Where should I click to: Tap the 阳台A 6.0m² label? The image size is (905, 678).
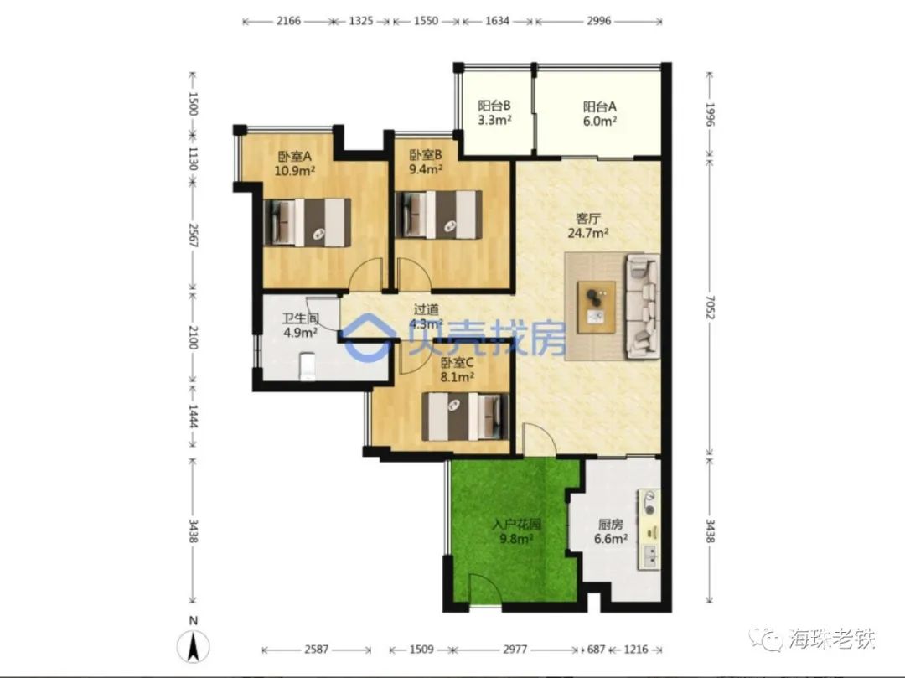pyautogui.click(x=600, y=114)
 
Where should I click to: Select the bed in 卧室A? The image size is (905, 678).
pyautogui.click(x=307, y=223)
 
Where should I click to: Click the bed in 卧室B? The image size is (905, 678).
pyautogui.click(x=438, y=215)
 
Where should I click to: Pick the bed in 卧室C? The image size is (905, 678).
pyautogui.click(x=466, y=417)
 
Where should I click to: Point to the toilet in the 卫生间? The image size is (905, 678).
pyautogui.click(x=307, y=366)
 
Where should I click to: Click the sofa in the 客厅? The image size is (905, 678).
pyautogui.click(x=643, y=306)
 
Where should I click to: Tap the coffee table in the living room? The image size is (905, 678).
pyautogui.click(x=597, y=307)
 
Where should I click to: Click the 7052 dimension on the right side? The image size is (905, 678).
pyautogui.click(x=710, y=308)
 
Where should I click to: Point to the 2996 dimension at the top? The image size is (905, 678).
pyautogui.click(x=598, y=21)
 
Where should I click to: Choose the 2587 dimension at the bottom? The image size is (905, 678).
pyautogui.click(x=316, y=650)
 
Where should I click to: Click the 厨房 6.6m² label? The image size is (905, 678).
pyautogui.click(x=611, y=531)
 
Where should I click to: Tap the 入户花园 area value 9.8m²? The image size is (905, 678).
pyautogui.click(x=516, y=540)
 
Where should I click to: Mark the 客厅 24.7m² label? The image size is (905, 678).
pyautogui.click(x=588, y=225)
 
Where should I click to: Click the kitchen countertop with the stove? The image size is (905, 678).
pyautogui.click(x=649, y=529)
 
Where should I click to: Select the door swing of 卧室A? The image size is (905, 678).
pyautogui.click(x=367, y=273)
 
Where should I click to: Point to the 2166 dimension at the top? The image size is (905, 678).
pyautogui.click(x=288, y=21)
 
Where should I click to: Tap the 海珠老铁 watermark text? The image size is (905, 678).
pyautogui.click(x=832, y=639)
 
